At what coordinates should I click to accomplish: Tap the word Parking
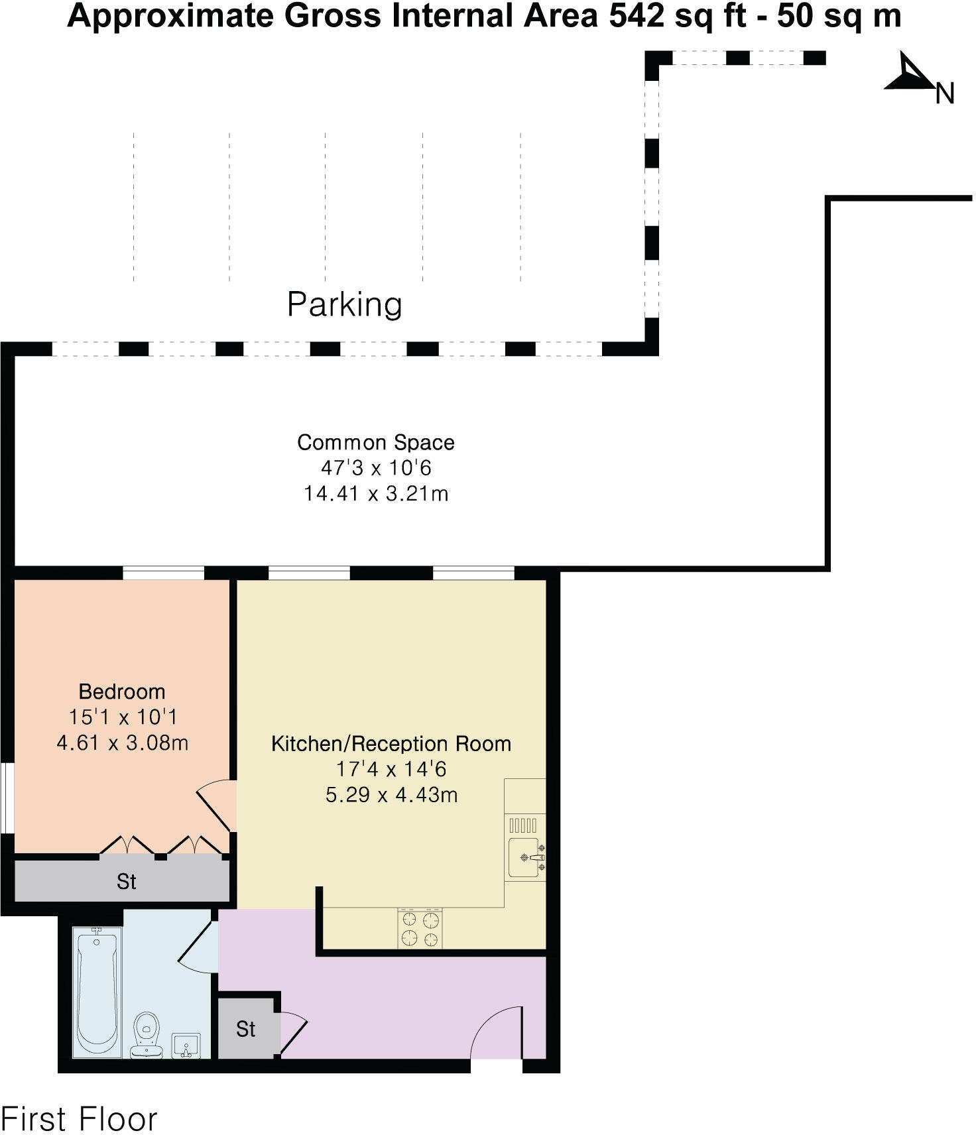tap(344, 304)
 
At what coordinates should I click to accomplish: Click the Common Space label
tap(375, 442)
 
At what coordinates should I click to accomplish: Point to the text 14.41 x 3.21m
tap(375, 494)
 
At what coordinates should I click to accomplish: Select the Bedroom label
tap(122, 691)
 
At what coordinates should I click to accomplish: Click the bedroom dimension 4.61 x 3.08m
tap(122, 743)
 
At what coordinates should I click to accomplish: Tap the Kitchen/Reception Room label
tap(391, 744)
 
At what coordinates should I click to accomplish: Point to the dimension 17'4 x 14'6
tap(391, 769)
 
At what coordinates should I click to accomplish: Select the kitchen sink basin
tap(524, 858)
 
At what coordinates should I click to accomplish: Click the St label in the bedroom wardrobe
tap(126, 882)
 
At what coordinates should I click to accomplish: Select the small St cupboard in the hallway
tap(245, 1029)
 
